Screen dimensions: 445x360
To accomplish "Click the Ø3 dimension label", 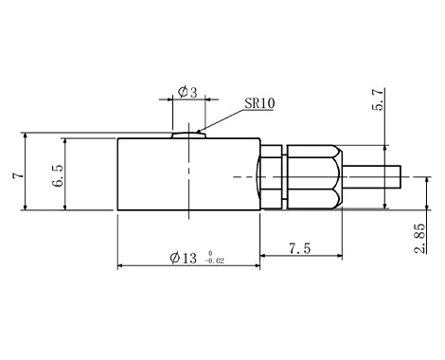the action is [187, 92].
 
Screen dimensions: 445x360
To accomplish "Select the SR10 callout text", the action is [259, 103].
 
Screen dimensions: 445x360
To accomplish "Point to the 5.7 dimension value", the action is [378, 99].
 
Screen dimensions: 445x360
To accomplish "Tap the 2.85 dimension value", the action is [419, 239].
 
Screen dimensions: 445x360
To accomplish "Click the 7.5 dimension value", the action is [300, 248].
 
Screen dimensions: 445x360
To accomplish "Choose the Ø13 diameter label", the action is [183, 258].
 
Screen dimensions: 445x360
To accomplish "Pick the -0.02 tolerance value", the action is [215, 261].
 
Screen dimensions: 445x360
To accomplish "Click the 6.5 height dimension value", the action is [59, 175].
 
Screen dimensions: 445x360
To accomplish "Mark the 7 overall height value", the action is [18, 175].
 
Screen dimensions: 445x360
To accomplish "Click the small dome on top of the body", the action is [189, 135].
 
